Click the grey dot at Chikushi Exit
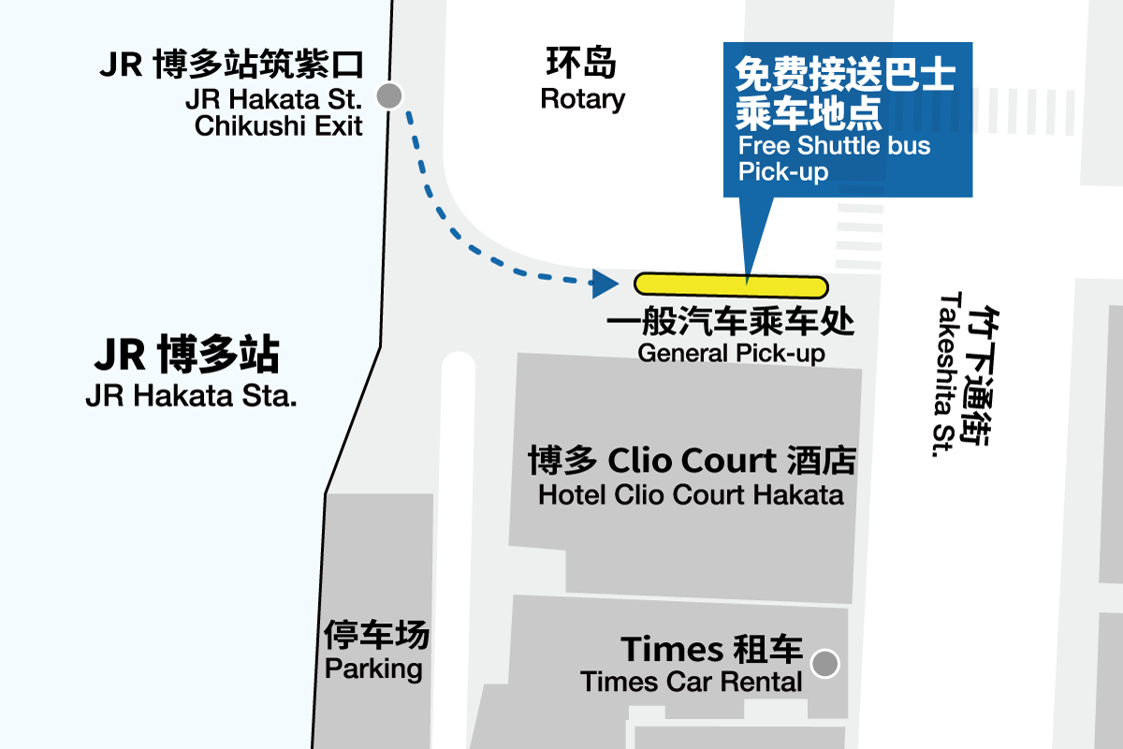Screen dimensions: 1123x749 [389, 95]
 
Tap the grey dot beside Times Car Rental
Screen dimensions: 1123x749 [824, 663]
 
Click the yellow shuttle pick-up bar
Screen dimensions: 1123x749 [731, 286]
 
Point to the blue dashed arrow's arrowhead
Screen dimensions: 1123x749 [605, 284]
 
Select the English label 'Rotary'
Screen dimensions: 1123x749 [582, 99]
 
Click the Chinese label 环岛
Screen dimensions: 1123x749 [581, 63]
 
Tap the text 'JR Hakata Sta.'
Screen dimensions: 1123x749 [192, 396]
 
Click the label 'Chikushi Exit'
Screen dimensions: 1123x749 [278, 125]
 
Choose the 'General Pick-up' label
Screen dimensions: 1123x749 [731, 354]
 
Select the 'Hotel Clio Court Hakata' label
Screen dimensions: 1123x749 [691, 494]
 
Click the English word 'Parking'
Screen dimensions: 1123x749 [373, 668]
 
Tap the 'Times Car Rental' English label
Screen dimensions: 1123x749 [692, 683]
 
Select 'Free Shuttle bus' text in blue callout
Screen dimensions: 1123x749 [834, 146]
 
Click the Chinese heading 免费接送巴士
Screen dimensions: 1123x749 [845, 74]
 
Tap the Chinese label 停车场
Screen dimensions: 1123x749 [376, 634]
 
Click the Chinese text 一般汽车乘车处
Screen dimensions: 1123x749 [731, 321]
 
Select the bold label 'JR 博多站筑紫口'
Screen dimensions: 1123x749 [231, 65]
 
